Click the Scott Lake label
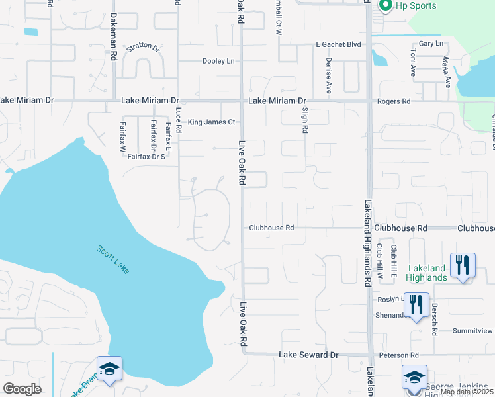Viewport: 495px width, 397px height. point(114,260)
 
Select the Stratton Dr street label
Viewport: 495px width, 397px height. point(144,47)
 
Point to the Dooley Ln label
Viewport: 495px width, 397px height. point(218,61)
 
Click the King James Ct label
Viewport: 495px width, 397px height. point(212,122)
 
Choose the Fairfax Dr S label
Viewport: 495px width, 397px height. point(146,157)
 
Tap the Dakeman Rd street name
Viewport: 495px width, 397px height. point(114,47)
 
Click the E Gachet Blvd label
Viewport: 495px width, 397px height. point(338,44)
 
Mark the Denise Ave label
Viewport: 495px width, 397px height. point(328,74)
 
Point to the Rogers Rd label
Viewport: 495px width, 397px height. point(394,101)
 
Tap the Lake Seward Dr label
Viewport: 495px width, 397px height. point(308,355)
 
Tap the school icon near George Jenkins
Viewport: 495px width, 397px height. point(414,377)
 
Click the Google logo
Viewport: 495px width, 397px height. point(22,388)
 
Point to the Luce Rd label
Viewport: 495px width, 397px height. point(178,120)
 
